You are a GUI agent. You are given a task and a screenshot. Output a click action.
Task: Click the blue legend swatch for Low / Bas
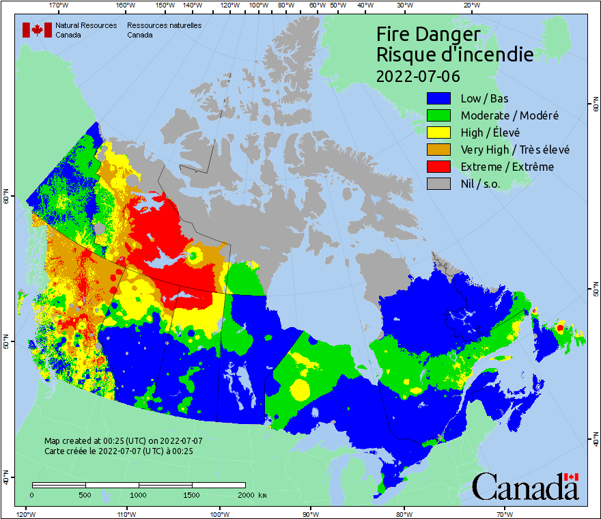(x=440, y=99)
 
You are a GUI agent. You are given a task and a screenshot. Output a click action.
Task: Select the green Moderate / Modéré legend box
(x=440, y=116)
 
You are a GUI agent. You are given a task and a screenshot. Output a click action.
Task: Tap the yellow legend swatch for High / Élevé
(x=440, y=133)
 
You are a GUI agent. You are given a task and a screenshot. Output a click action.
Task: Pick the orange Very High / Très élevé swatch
(x=440, y=150)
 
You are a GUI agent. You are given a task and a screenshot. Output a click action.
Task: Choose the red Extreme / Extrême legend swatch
(x=440, y=167)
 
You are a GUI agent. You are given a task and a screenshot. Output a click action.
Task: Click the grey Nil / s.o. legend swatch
(x=440, y=184)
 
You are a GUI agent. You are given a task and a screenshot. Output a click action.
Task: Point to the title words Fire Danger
(x=428, y=34)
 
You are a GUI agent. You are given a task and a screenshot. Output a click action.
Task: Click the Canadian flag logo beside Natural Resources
(x=37, y=30)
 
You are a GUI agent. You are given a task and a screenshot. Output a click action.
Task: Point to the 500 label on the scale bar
(x=85, y=494)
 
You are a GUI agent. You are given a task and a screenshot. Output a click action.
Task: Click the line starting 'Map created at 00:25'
(x=124, y=441)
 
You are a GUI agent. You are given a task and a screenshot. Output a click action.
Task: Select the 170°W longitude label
(x=59, y=5)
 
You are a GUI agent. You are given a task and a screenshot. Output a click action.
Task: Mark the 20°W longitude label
(x=471, y=5)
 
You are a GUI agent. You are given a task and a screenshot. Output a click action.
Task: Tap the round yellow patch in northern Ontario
(x=300, y=390)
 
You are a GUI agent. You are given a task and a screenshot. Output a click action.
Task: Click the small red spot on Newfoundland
(x=560, y=328)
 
